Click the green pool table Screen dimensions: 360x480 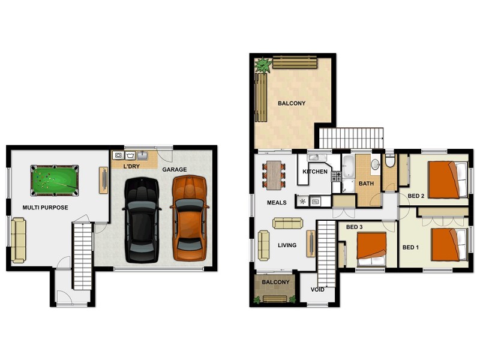55,181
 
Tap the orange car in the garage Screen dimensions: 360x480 190,218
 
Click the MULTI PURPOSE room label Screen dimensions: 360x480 45,208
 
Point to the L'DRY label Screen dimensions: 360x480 131,165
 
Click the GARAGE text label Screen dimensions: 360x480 175,170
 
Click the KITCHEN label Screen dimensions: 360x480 315,172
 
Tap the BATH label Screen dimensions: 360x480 366,184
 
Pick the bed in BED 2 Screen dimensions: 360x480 447,179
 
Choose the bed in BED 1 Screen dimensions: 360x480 448,244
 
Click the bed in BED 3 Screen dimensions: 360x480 373,248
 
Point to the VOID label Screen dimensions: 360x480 317,290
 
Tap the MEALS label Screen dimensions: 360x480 277,203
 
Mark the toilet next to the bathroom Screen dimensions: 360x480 389,160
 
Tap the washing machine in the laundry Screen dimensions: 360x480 118,155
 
